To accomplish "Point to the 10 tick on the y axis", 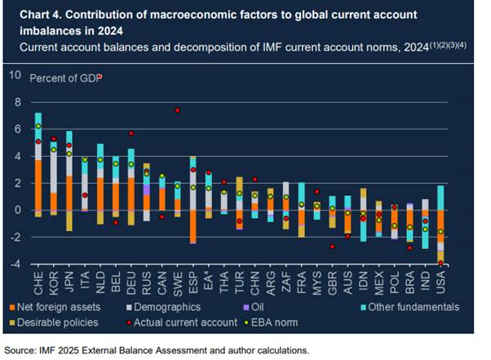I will pyautogui.click(x=15, y=76).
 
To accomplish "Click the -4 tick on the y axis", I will pyautogui.click(x=15, y=264).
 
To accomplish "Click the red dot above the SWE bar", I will pyautogui.click(x=177, y=110).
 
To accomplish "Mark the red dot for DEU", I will pyautogui.click(x=131, y=133).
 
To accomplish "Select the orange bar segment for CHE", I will pyautogui.click(x=38, y=184).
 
